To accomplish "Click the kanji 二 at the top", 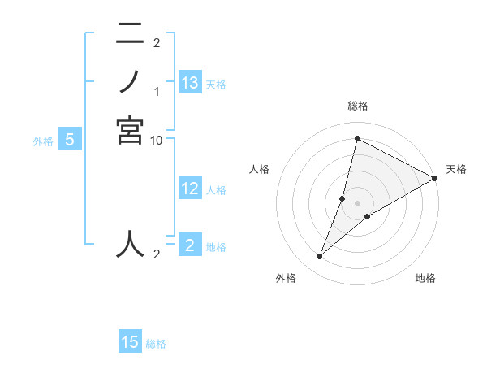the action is (130, 34).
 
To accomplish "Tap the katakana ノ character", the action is (130, 82).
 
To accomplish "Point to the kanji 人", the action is (130, 243).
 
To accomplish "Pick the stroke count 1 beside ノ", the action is (157, 90).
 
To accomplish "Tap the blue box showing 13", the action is (190, 83).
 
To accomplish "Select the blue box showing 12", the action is (190, 189).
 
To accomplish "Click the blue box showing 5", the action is (70, 140).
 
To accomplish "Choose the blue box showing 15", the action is (130, 342).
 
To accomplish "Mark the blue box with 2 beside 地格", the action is (190, 245).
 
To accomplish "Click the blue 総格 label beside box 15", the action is (156, 344).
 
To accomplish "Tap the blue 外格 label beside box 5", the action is (43, 141).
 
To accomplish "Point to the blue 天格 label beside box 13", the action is (216, 85).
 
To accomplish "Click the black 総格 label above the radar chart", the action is (357, 106).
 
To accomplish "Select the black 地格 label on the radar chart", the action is (425, 279).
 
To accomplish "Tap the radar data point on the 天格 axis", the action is (435, 179).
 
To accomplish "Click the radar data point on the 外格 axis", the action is (320, 257).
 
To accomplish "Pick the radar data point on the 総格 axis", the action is (357, 138).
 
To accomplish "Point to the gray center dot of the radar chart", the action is (357, 203).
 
